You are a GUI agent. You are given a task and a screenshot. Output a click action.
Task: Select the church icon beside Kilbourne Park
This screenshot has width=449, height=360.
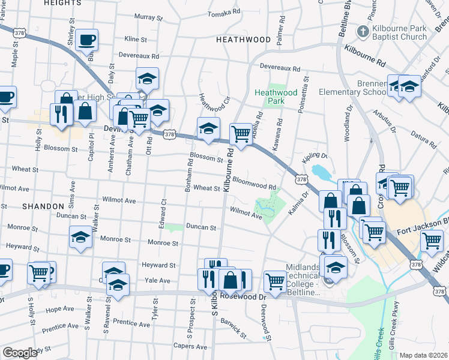(363, 31)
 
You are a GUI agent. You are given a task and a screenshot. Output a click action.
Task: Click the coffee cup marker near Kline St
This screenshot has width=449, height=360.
(87, 40)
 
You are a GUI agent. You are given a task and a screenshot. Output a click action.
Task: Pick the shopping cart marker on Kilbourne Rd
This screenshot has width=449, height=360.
(241, 134)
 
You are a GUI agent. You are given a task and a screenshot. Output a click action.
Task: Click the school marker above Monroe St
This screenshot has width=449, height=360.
(80, 236)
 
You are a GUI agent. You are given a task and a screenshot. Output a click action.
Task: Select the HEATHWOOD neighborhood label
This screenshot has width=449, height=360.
(243, 40)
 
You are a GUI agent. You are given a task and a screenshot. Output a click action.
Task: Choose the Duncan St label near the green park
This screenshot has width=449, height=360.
(200, 227)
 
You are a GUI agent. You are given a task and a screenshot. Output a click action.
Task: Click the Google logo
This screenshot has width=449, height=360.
(19, 353)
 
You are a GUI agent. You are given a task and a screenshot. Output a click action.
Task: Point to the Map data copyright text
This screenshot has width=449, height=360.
(423, 355)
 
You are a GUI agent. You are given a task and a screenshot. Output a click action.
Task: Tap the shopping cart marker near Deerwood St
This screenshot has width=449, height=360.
(275, 281)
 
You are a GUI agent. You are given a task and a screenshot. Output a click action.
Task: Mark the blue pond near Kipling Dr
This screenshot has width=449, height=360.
(322, 173)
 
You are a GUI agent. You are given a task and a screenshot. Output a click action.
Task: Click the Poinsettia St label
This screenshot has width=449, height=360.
(304, 93)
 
